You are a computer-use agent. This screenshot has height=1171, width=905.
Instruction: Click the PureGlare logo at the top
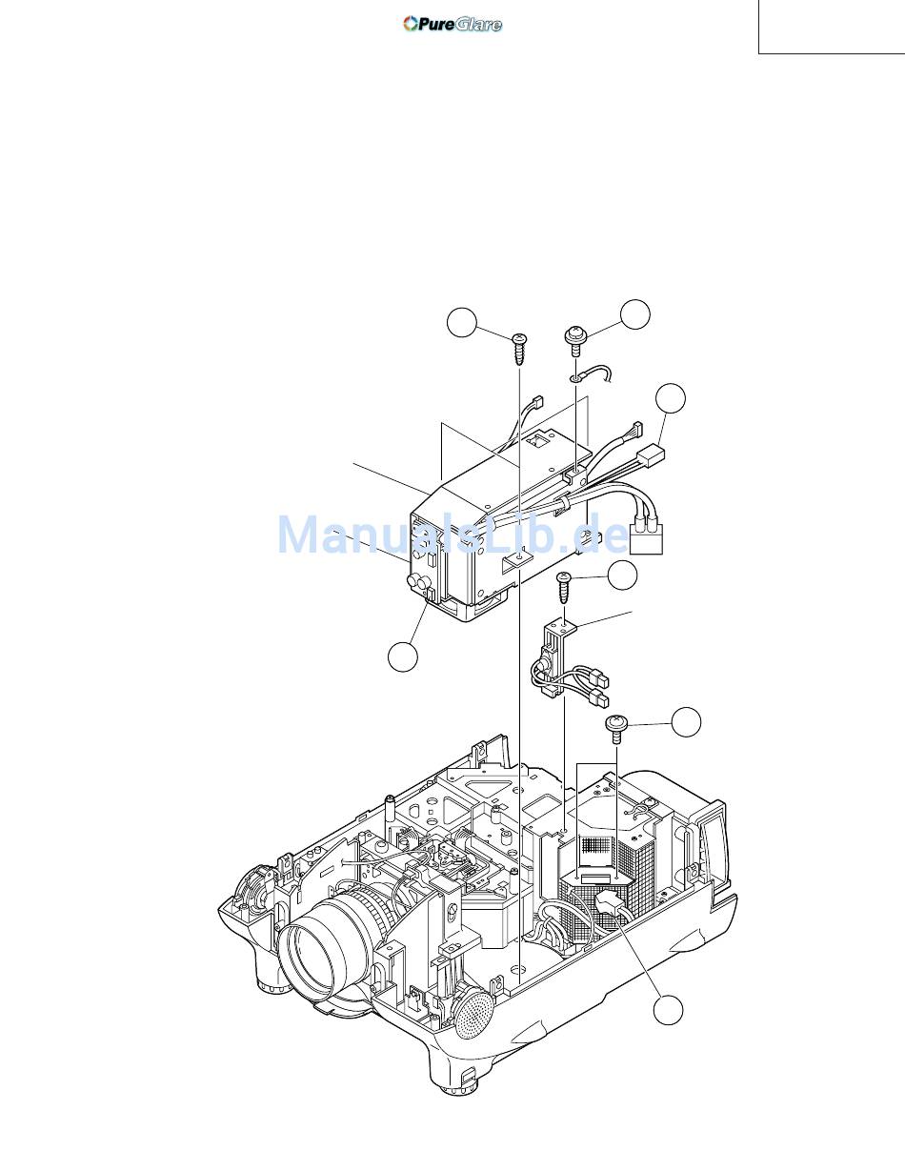click(452, 24)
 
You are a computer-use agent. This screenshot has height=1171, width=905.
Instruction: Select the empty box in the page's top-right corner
click(831, 26)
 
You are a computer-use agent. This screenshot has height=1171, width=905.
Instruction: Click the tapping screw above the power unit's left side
click(520, 350)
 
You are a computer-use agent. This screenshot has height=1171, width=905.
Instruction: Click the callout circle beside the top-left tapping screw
click(462, 323)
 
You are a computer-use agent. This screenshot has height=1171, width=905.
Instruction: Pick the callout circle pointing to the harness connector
click(671, 398)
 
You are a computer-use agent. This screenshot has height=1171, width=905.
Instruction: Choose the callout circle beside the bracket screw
click(622, 575)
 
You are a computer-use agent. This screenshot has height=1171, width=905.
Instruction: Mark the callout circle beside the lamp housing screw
click(685, 721)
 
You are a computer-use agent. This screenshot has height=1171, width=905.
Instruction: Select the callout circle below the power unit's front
click(403, 656)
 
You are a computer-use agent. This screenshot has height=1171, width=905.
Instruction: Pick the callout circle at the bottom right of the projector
click(670, 1010)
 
